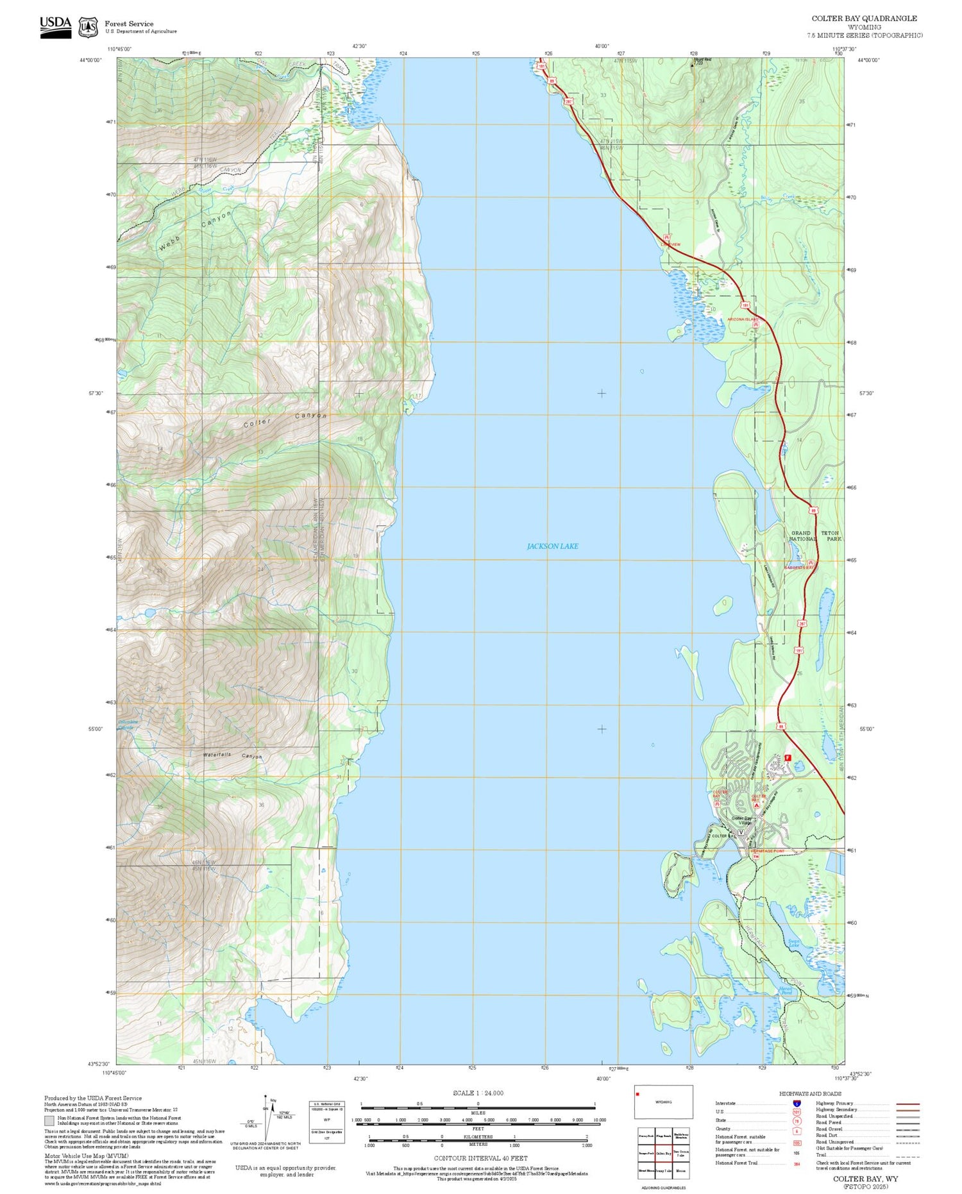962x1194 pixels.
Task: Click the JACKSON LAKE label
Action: (x=552, y=546)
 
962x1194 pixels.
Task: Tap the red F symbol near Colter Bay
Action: (x=788, y=757)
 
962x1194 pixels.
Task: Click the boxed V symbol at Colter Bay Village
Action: (x=741, y=832)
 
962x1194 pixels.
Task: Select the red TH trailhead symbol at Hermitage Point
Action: (x=755, y=857)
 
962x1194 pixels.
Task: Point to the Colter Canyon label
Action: (x=285, y=419)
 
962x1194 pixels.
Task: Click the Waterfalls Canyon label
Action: (x=232, y=755)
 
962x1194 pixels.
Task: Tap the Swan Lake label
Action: (x=793, y=943)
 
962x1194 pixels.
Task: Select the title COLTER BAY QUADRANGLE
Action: (x=864, y=19)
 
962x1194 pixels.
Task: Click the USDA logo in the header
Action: (x=56, y=27)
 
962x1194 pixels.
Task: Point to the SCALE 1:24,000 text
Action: (x=478, y=1093)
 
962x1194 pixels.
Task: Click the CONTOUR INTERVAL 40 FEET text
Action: (x=480, y=1158)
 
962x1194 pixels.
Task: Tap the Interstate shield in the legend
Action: (x=797, y=1104)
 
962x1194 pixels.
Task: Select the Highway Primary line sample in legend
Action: (x=906, y=1104)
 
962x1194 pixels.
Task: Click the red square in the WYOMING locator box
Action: (x=638, y=1095)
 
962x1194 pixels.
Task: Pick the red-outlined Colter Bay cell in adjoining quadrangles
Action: (x=663, y=1152)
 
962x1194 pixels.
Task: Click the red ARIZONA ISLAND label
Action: (x=743, y=319)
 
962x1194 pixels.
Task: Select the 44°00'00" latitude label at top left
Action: (x=90, y=60)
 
